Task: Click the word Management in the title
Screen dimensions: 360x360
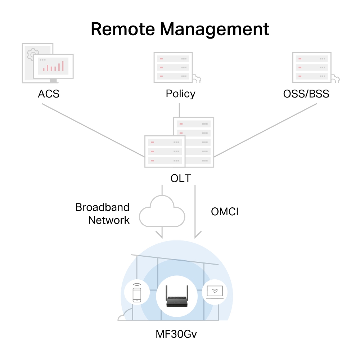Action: [215, 29]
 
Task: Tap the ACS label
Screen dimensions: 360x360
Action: [49, 94]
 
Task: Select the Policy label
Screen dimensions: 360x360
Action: [180, 94]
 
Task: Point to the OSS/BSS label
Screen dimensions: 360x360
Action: [306, 94]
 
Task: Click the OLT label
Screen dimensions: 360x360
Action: [180, 179]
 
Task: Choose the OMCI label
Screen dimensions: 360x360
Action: [225, 212]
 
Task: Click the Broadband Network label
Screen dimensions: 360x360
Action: [103, 213]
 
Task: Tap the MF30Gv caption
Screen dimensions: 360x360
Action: [176, 334]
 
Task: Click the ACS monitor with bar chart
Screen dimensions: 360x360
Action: [53, 66]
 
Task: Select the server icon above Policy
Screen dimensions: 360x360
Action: [173, 67]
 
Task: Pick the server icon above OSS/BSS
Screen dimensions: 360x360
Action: [312, 67]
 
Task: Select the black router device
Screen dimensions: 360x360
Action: [176, 297]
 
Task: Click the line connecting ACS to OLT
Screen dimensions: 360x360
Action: [94, 131]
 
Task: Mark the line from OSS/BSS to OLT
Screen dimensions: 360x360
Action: [266, 131]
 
